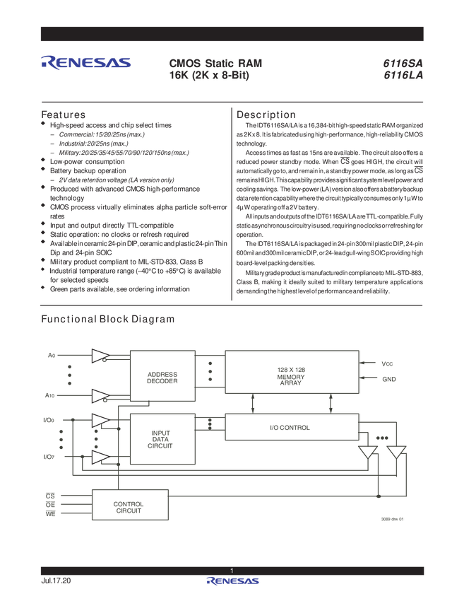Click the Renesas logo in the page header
click(x=86, y=63)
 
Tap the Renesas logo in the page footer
click(x=232, y=582)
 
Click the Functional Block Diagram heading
click(x=108, y=318)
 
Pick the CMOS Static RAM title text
click(x=215, y=62)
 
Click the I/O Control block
click(x=291, y=427)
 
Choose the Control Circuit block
click(x=129, y=505)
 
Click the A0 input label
click(x=50, y=354)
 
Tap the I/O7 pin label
click(x=50, y=457)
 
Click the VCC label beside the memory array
click(x=386, y=363)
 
